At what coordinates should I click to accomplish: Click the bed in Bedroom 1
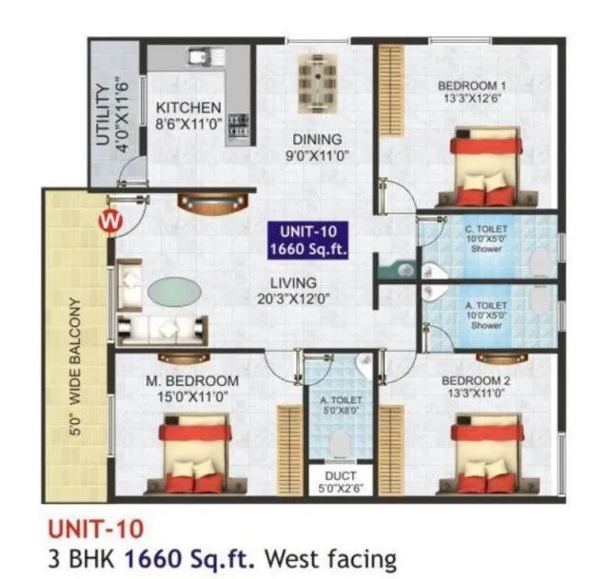pyautogui.click(x=482, y=169)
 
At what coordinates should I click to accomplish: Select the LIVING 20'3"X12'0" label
pyautogui.click(x=292, y=291)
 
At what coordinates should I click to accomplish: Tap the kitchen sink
pyautogui.click(x=202, y=58)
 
